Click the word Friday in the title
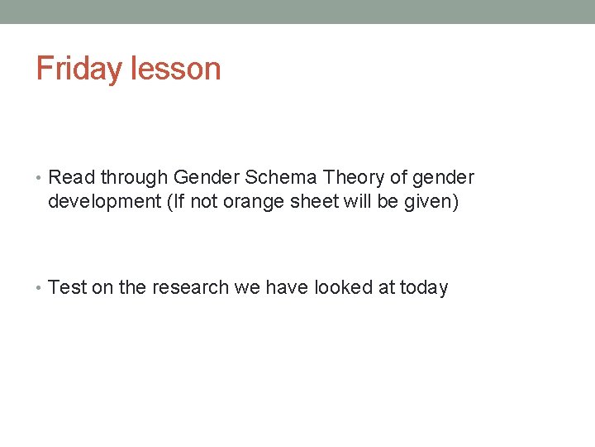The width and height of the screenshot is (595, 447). [79, 68]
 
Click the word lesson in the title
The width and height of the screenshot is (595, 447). [174, 68]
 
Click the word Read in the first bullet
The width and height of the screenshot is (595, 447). [72, 177]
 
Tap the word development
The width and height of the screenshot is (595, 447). [105, 200]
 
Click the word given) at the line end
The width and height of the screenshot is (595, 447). [430, 200]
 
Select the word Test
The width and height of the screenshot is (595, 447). [68, 288]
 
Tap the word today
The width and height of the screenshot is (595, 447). [424, 288]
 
